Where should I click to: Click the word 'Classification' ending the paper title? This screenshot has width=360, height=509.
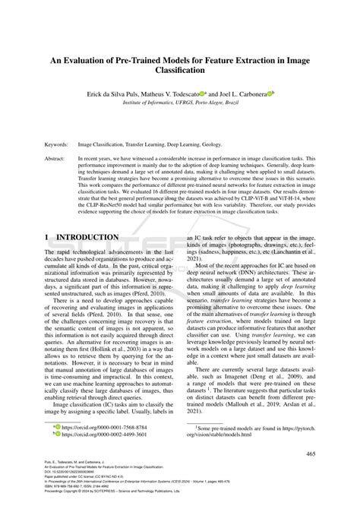click(x=179, y=69)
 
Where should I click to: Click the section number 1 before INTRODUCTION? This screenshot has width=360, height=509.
click(x=47, y=238)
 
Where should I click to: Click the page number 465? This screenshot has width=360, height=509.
click(x=310, y=454)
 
